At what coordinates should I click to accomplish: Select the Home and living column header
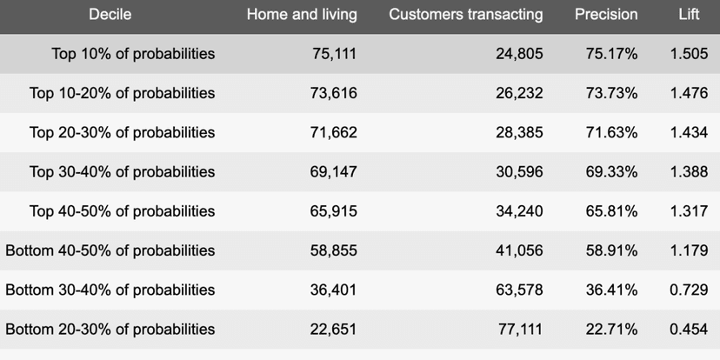pos(302,15)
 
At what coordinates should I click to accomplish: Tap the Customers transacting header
pos(466,15)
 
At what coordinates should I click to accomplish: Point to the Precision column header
pos(606,15)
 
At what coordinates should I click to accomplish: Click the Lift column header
pos(689,15)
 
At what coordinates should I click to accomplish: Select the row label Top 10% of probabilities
pos(133,54)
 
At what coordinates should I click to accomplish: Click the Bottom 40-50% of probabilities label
pos(110,250)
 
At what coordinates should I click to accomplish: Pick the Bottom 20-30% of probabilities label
pos(110,330)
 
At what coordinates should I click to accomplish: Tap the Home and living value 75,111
pos(334,54)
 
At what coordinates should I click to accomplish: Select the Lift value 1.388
pos(689,172)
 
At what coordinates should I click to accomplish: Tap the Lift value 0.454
pos(689,330)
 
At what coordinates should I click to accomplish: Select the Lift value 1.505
pos(689,54)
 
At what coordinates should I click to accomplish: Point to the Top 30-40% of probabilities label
pos(122,172)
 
